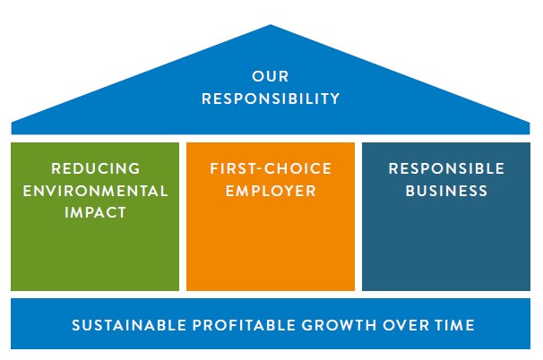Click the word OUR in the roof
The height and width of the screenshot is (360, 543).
[271, 77]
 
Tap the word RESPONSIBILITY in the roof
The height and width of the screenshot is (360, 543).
[271, 99]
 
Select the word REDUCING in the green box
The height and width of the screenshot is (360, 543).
[96, 168]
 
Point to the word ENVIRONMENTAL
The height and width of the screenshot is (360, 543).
[96, 191]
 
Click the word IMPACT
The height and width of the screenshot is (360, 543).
[96, 213]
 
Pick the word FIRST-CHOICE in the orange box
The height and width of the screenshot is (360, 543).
[271, 168]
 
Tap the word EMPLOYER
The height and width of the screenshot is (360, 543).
[271, 191]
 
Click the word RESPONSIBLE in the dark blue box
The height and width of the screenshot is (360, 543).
[446, 168]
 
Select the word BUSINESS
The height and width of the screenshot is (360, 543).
[446, 191]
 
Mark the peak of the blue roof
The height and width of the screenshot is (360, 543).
[271, 27]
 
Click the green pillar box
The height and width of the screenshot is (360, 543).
[96, 255]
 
